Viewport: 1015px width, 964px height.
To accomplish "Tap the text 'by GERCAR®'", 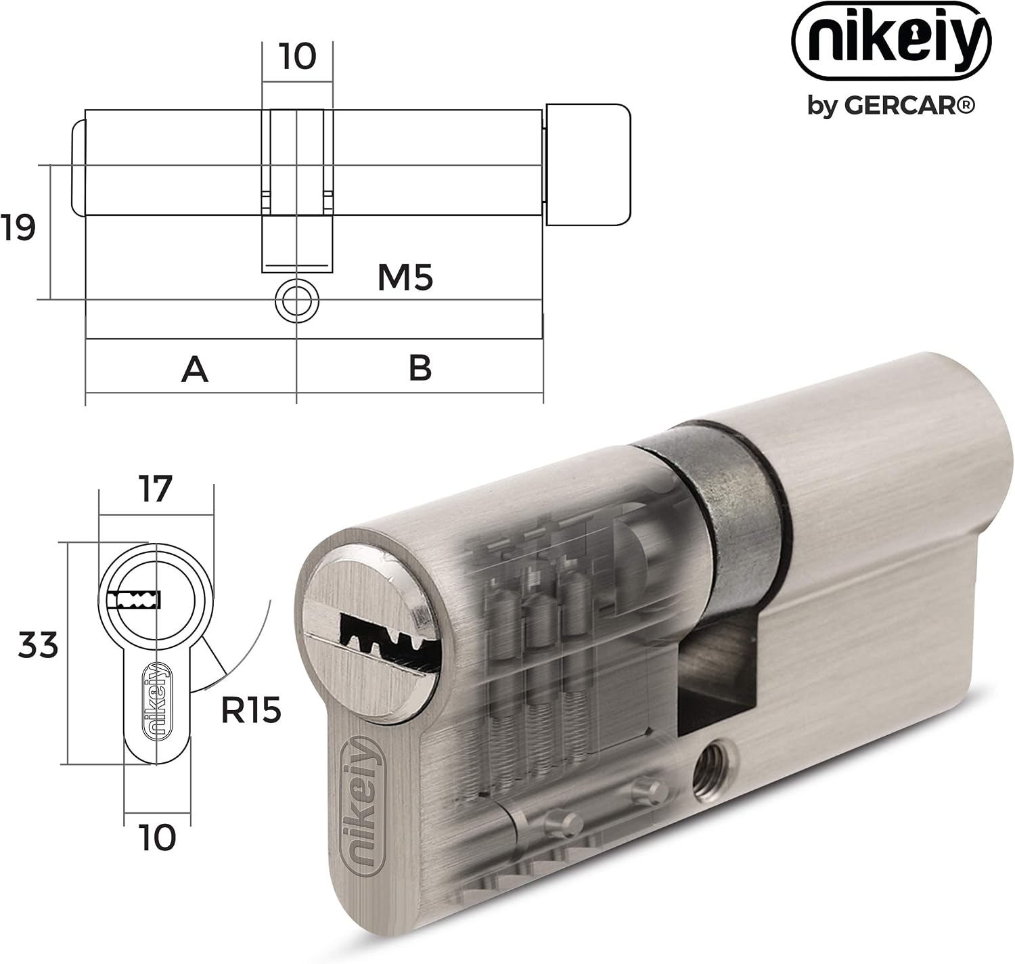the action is coord(891,106).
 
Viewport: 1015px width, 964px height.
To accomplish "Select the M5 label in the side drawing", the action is coord(405,278).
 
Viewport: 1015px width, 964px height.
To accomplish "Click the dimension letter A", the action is coord(195,370).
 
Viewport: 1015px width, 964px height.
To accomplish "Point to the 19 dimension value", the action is coord(18,227).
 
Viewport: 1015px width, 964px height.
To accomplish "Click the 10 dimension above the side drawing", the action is coord(297,56).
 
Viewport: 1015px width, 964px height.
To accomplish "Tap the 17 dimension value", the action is coord(155,489).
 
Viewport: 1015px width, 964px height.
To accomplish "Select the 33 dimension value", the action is coord(38,644).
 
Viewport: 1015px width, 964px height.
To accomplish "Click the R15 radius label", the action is coord(251,710).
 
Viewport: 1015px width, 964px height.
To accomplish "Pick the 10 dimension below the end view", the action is coord(157,837).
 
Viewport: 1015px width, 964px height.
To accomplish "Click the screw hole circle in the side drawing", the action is coord(296,301).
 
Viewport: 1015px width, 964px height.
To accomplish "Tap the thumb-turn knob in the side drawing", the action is coord(588,165).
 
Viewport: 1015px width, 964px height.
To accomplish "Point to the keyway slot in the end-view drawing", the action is coord(135,600).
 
